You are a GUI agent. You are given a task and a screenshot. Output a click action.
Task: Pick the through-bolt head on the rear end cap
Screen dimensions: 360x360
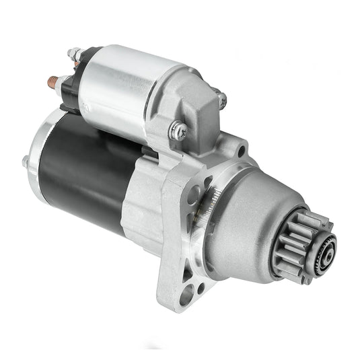coord(25,162)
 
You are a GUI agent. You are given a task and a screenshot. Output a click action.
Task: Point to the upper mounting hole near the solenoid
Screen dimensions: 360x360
coord(240,151)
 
